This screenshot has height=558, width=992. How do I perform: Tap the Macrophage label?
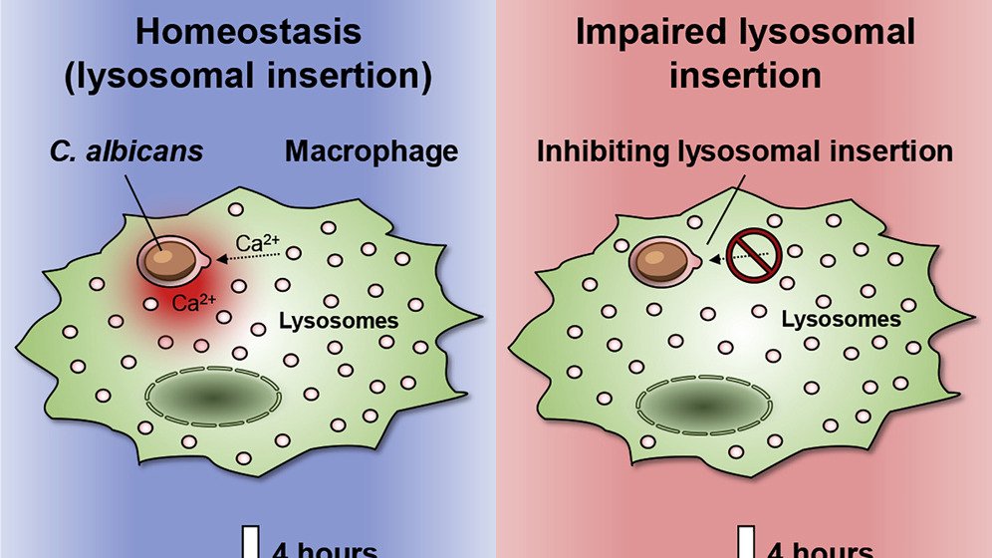click(x=372, y=152)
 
